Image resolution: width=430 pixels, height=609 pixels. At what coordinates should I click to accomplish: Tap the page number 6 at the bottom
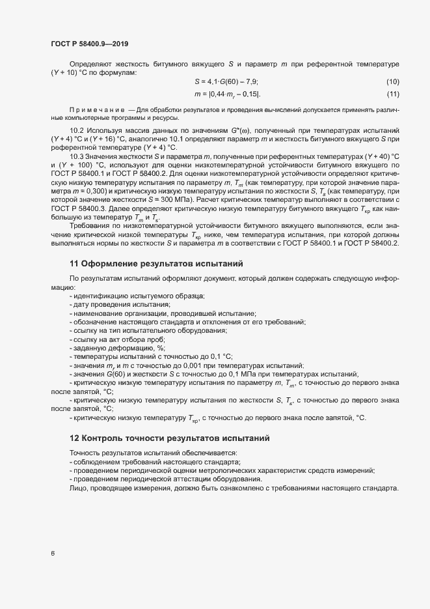(x=53, y=554)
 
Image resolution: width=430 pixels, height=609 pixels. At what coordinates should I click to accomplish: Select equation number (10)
(x=392, y=81)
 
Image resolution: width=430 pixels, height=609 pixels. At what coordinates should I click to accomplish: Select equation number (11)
(x=392, y=95)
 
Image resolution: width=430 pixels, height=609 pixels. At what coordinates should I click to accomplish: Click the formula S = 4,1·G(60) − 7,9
(x=226, y=81)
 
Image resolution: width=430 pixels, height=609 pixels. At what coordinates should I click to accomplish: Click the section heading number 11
(x=74, y=264)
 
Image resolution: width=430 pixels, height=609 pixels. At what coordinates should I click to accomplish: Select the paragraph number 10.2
(x=77, y=131)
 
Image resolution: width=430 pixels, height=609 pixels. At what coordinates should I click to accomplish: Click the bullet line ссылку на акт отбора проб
(x=120, y=339)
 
